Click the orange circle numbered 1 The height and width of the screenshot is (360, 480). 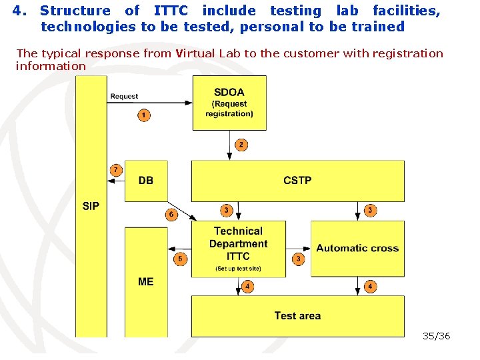[143, 115]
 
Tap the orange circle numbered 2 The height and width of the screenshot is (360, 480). [241, 145]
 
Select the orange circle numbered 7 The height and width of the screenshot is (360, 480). [116, 170]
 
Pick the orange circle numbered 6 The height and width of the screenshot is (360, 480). [171, 215]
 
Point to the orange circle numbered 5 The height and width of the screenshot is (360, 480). [179, 259]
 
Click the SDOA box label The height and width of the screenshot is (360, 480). [229, 93]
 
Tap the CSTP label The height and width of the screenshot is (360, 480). [297, 180]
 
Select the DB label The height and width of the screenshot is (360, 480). [146, 180]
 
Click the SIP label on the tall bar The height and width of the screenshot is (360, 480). [91, 206]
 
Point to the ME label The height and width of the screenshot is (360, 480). [146, 282]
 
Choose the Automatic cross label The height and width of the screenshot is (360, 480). [357, 248]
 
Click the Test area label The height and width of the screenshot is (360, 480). [297, 316]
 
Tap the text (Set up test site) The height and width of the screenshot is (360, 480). [238, 269]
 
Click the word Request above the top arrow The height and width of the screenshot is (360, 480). [124, 96]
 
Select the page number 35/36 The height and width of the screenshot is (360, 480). [437, 336]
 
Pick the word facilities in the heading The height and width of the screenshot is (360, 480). [406, 11]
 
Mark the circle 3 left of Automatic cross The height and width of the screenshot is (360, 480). [299, 258]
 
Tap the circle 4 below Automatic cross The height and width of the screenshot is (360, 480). [370, 287]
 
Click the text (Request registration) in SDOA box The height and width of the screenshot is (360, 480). [229, 109]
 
